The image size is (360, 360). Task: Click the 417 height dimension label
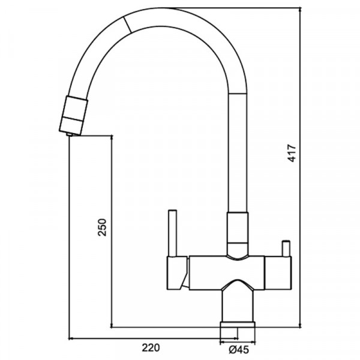coord(293,153)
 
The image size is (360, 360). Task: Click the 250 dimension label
coord(103,227)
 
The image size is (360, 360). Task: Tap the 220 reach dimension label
coord(151,347)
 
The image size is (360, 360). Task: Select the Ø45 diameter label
coord(239,350)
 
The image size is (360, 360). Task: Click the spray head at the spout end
coord(73,115)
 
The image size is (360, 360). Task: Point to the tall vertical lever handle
coord(172,233)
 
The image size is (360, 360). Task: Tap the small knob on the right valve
coord(286,248)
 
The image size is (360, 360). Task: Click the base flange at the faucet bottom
coord(238,325)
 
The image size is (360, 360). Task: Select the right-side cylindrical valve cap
coord(278,273)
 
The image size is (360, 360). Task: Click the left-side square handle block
coord(177,273)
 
